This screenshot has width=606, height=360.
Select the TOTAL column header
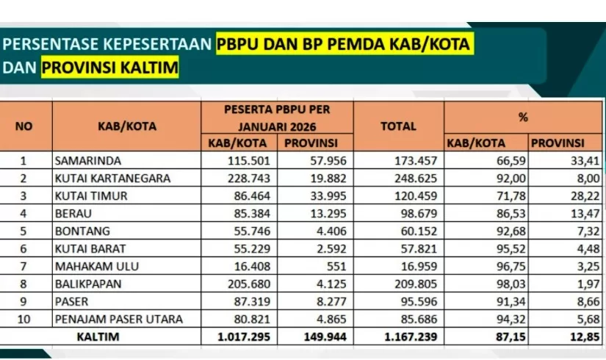398,126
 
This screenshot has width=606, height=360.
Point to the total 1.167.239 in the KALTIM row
407,337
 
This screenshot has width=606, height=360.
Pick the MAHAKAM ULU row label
91,267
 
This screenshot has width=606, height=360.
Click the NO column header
24,126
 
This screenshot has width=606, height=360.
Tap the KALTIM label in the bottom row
99,337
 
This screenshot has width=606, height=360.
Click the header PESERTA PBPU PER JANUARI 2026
277,116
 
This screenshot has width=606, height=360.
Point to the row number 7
23,267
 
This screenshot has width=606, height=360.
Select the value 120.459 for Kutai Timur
414,196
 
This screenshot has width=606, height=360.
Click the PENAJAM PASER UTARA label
118,320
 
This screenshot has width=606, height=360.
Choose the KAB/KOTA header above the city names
126,126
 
